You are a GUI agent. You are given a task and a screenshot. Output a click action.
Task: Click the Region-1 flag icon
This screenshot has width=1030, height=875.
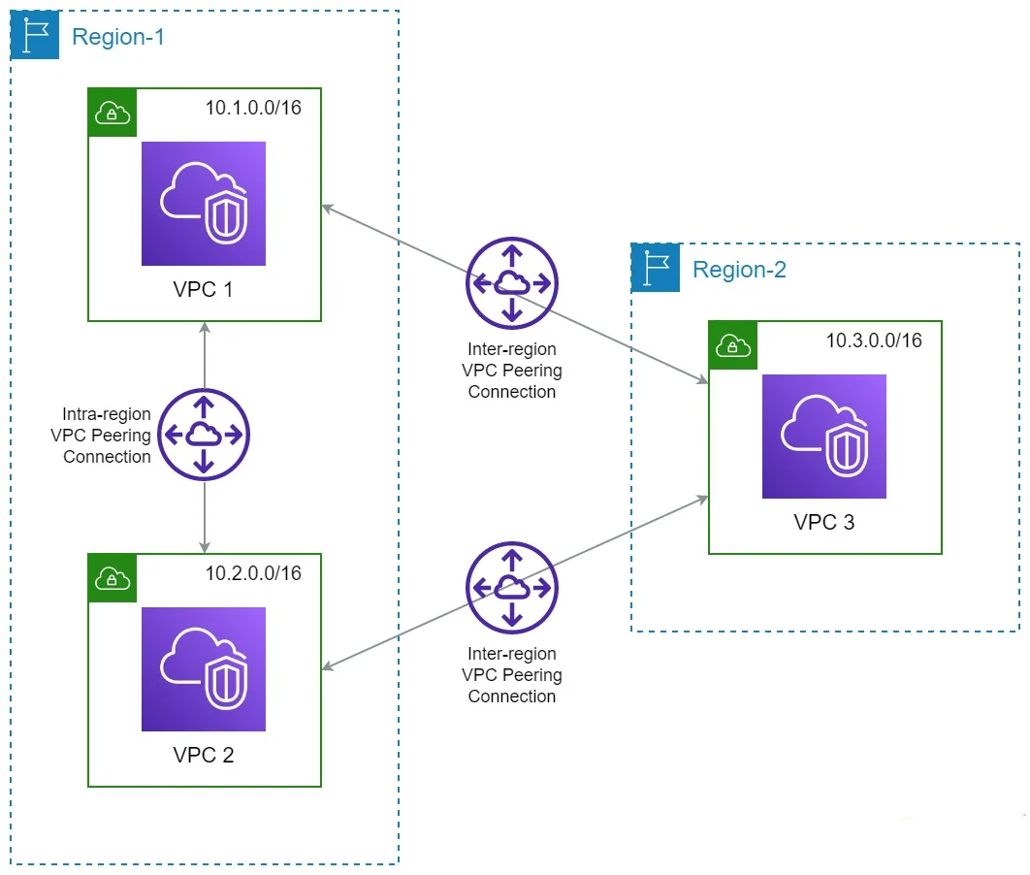35,36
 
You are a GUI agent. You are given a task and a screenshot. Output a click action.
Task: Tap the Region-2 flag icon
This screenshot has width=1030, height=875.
656,268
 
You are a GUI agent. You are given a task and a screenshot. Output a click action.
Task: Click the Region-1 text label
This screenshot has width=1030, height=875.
118,38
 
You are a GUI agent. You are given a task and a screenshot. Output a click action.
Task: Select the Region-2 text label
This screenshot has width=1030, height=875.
739,270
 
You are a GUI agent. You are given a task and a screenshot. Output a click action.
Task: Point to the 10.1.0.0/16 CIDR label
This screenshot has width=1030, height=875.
253,108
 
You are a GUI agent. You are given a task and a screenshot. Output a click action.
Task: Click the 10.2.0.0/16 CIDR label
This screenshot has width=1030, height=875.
253,573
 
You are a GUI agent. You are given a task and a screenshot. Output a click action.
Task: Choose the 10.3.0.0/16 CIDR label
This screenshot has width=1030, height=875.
874,340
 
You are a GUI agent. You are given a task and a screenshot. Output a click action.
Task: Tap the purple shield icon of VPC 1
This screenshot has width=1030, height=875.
204,204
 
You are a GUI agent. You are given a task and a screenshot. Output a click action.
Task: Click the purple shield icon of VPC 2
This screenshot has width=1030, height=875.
204,669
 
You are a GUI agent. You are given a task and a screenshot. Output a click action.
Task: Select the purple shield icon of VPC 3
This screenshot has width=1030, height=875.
824,437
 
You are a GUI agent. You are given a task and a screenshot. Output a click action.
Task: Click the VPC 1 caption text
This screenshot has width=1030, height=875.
204,290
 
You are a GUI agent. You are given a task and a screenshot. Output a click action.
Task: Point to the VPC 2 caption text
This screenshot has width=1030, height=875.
204,755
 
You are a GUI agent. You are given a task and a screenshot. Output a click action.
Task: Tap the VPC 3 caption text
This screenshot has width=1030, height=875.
824,522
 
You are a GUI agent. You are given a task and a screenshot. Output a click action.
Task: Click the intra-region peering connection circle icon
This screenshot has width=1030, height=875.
205,436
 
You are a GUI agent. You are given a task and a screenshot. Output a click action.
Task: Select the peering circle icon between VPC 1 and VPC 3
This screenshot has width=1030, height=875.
512,283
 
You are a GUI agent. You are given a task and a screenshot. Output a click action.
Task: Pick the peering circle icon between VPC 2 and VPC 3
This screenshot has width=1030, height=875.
512,587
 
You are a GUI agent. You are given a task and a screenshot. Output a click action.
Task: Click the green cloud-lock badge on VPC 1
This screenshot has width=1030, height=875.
113,113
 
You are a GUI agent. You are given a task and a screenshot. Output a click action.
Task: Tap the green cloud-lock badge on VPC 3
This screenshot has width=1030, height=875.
733,345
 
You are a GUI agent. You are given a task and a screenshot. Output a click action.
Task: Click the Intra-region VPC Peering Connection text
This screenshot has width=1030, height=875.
101,436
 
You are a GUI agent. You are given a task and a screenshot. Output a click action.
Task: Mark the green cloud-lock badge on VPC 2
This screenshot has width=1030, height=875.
113,578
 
